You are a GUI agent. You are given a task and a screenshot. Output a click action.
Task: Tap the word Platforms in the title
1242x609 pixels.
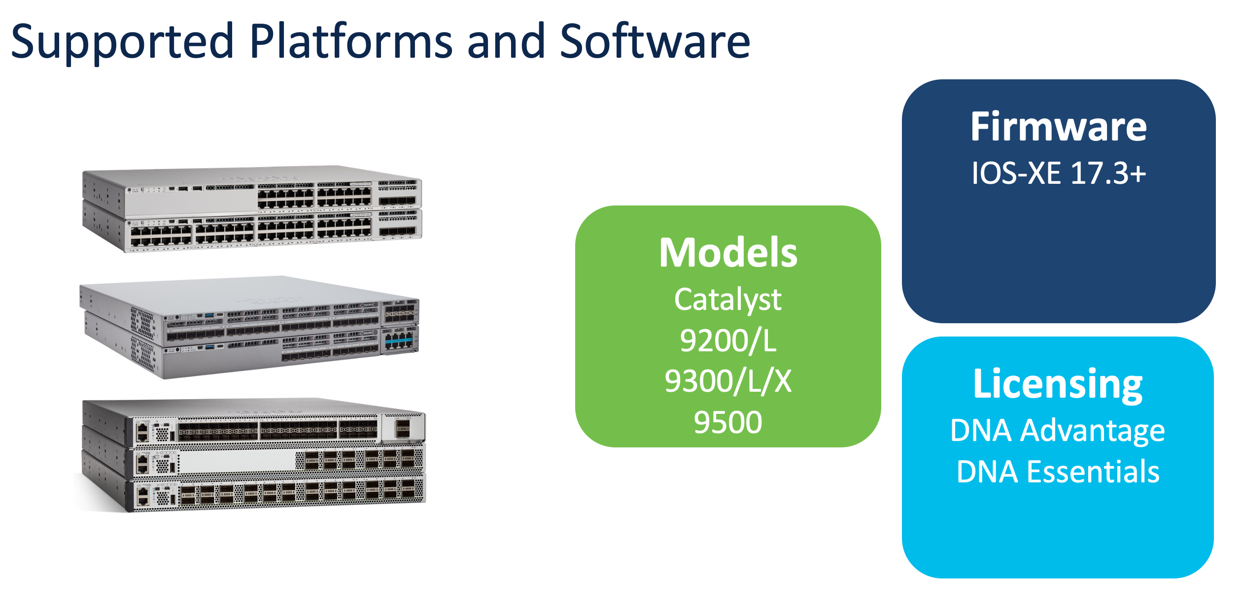pos(350,41)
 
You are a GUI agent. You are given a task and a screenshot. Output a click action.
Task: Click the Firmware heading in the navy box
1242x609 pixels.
pos(1058,127)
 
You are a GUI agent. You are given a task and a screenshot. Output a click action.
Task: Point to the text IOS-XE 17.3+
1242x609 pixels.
pos(1058,173)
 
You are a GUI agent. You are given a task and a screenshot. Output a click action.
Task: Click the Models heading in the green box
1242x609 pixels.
pos(728,253)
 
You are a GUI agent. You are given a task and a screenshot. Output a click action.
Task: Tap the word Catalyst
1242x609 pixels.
pos(728,300)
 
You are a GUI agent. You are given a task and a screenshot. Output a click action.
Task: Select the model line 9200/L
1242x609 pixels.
pos(728,340)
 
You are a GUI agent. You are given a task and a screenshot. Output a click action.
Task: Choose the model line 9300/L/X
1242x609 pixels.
pos(728,381)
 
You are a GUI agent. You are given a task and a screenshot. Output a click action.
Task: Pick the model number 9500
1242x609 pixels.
pos(728,422)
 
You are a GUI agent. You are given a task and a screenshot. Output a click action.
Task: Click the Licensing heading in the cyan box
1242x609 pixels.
pos(1058,384)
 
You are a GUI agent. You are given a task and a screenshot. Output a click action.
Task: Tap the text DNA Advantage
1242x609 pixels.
pos(1058,431)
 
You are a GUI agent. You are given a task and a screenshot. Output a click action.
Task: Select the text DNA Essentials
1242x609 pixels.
pos(1058,472)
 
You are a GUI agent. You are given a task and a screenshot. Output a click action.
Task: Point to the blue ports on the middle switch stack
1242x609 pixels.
pos(399,340)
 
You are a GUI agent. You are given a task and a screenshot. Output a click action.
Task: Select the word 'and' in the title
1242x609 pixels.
pos(506,41)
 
